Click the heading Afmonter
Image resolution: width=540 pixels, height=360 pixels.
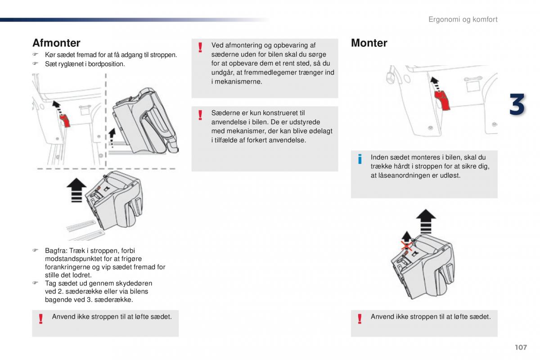coord(56,43)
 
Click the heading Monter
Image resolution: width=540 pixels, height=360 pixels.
coord(369,43)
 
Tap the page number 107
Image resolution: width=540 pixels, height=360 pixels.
coord(521,347)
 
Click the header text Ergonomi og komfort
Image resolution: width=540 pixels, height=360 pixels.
coord(463,19)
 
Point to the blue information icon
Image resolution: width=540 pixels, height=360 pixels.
coord(360,159)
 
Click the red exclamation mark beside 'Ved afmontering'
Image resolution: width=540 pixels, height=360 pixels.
coord(200,47)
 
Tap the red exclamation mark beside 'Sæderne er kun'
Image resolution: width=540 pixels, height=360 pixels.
coord(200,115)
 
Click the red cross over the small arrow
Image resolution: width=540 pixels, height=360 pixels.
coord(407,246)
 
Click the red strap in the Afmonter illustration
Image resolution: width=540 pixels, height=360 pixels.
coord(65,121)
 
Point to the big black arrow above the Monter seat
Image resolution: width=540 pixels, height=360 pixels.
coord(426,221)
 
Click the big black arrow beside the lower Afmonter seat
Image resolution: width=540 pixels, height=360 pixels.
coord(76,190)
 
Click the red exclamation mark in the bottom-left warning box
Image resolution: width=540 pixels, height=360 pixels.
coord(41,319)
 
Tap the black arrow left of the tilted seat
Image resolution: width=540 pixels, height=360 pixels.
coord(112,137)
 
